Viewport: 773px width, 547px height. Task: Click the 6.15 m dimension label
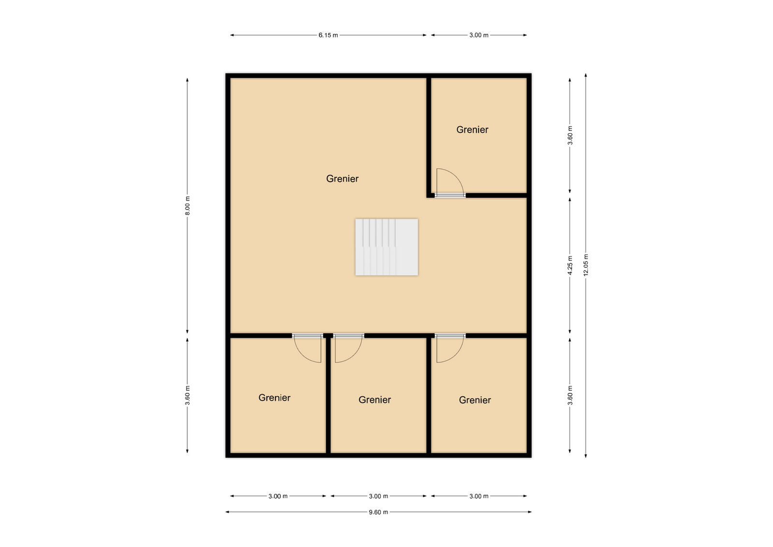coord(328,35)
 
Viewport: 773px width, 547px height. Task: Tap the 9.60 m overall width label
coord(378,512)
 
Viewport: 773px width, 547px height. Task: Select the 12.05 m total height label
coord(586,265)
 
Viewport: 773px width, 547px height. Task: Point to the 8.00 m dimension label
coord(187,206)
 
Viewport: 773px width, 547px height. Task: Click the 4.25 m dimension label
coord(570,265)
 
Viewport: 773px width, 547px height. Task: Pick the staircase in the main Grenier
coord(386,247)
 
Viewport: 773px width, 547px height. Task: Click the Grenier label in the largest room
coord(342,179)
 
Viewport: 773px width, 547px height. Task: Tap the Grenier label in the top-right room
coord(472,130)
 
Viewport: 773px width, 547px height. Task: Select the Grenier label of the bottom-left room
coord(274,398)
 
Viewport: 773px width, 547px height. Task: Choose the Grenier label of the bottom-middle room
coord(374,400)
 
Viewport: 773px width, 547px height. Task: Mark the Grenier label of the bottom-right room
coord(475,400)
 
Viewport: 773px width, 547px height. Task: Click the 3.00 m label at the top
coord(479,35)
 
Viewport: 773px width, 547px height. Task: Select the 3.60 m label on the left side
coord(187,396)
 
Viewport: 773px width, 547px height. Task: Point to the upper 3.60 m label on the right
coord(570,135)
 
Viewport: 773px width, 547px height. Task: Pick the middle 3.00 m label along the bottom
coord(378,496)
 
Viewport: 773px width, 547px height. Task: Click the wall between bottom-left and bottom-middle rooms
coord(328,396)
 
